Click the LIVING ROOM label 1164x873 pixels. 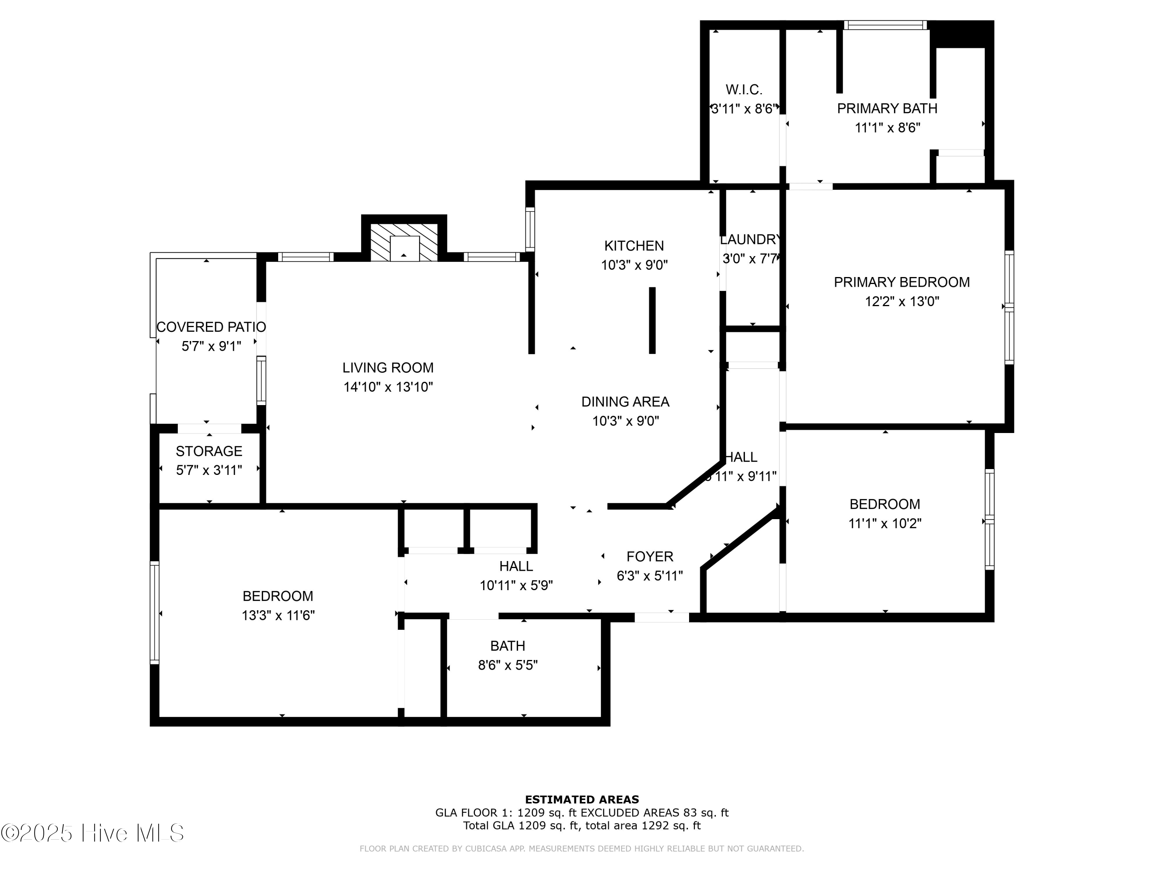coord(388,368)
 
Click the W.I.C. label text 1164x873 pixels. coord(743,90)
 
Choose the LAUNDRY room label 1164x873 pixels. coord(750,240)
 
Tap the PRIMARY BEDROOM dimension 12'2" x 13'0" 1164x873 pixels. coord(901,301)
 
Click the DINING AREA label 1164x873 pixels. coord(625,402)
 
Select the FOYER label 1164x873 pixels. coord(650,557)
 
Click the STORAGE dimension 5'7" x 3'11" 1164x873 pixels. coord(209,470)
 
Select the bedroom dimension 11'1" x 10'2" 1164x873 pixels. coord(885,523)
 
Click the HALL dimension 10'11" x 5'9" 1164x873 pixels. coord(516,585)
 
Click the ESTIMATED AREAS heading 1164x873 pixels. coord(582,800)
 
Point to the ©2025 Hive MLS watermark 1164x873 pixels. coord(92,833)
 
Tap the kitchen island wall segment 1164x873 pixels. coord(652,320)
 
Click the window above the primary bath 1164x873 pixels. coord(885,25)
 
